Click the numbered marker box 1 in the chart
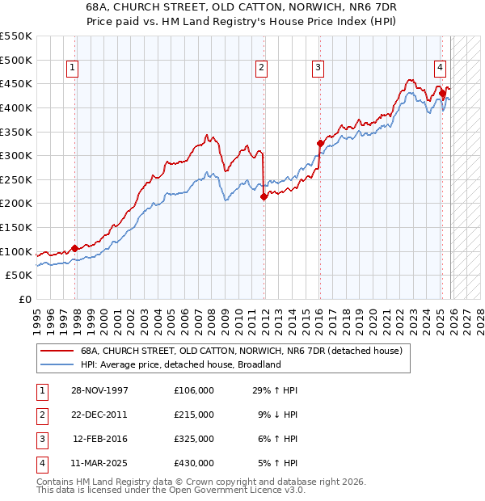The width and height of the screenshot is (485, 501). (x=73, y=69)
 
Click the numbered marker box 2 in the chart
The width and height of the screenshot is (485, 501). (x=262, y=69)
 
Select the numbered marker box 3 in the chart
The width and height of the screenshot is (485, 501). (x=318, y=69)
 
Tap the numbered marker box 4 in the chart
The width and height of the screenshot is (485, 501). (x=440, y=69)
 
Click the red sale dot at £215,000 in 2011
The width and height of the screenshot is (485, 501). (x=264, y=196)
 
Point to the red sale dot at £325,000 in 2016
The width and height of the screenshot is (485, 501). (x=320, y=144)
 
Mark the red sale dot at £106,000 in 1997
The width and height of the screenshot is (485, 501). (x=75, y=248)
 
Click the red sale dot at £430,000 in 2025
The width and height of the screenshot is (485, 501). (x=442, y=94)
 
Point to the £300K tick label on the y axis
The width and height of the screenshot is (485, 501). (x=15, y=155)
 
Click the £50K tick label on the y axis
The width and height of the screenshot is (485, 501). (x=19, y=275)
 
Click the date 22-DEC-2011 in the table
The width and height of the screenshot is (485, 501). (x=99, y=415)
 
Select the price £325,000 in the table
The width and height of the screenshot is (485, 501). (x=193, y=439)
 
